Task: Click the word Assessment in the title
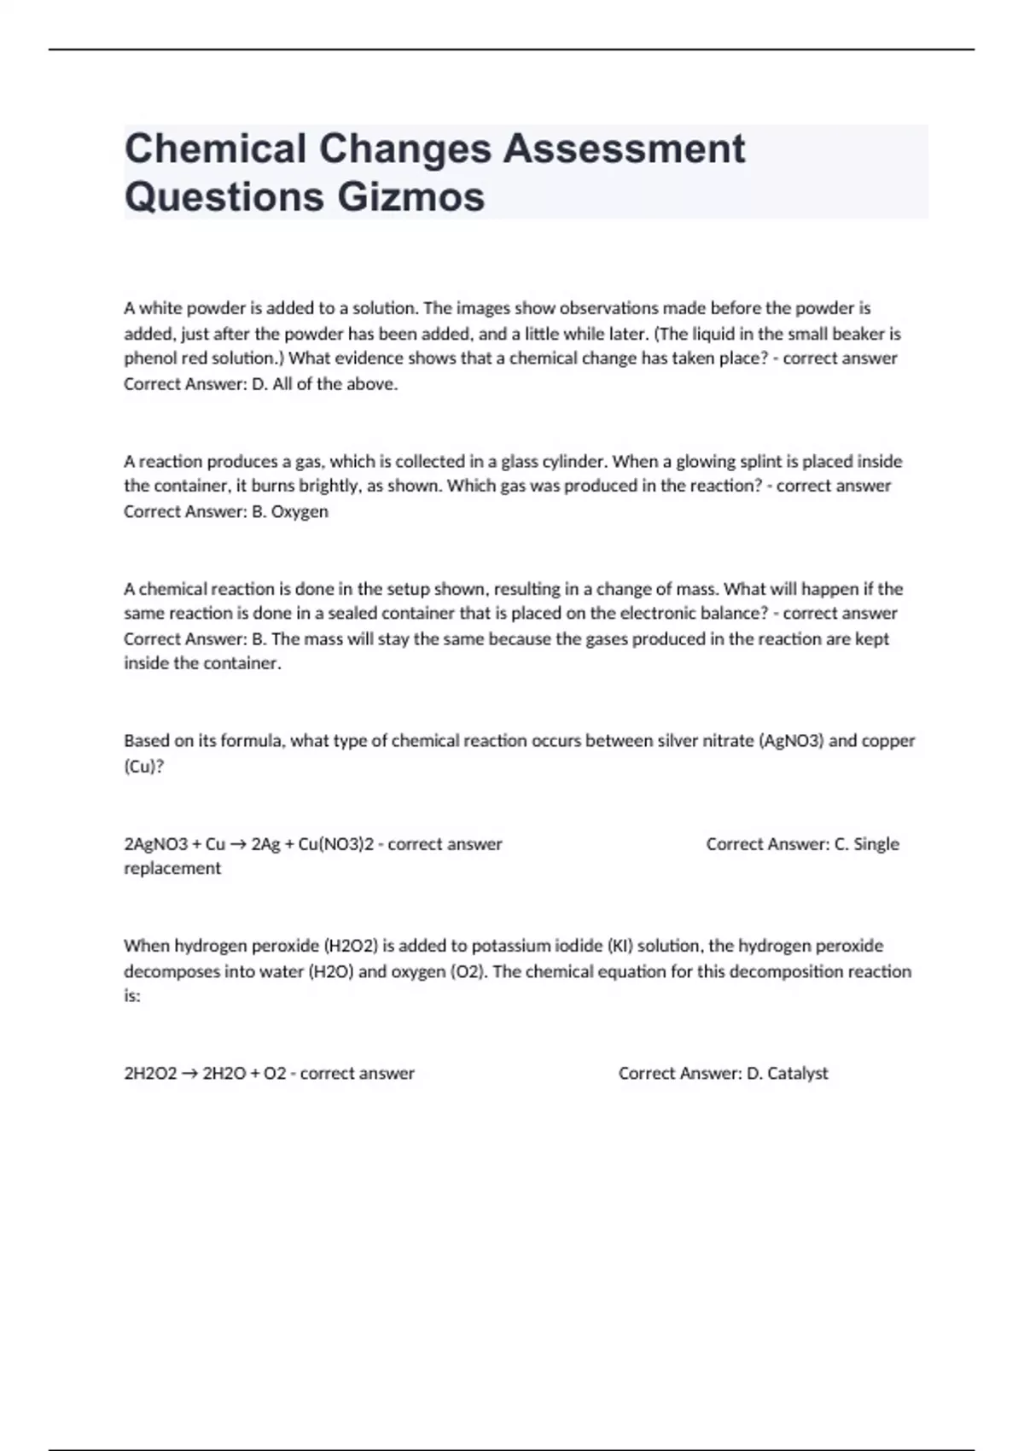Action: pyautogui.click(x=623, y=149)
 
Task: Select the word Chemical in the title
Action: pyautogui.click(x=215, y=149)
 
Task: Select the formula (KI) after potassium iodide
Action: pyautogui.click(x=620, y=946)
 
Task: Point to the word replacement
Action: pyautogui.click(x=172, y=869)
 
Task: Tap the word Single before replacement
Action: pyautogui.click(x=876, y=844)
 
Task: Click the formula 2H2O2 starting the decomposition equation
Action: pyautogui.click(x=150, y=1074)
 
